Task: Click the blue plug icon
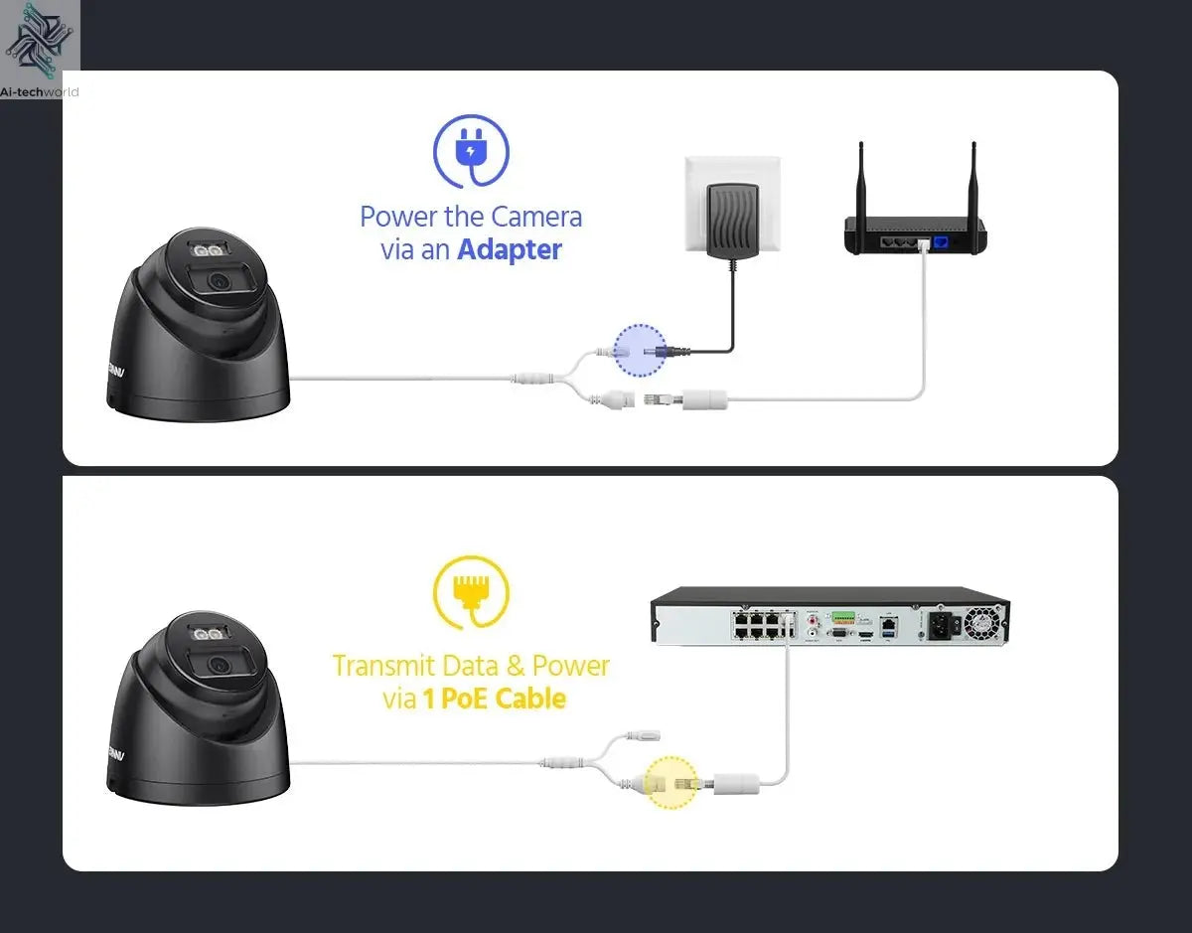coord(471,152)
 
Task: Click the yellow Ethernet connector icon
coord(471,592)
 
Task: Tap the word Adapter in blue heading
coord(510,249)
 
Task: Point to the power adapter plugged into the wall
coord(730,212)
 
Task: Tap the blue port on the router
coord(938,242)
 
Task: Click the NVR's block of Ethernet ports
coord(760,624)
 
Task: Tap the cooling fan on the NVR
coord(982,623)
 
